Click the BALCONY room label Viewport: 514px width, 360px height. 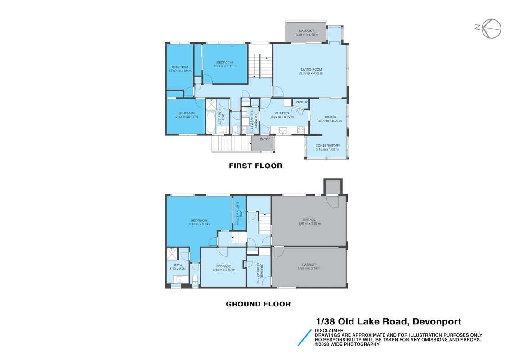coord(307,31)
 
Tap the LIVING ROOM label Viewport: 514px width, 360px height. coord(312,70)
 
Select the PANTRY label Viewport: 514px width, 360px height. coord(302,102)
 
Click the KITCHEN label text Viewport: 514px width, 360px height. coord(282,113)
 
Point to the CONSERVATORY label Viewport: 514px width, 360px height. coord(327,146)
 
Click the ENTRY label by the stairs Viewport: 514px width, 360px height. coord(265,139)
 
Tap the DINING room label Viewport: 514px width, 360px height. coord(331,117)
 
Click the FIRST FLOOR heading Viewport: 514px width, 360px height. coord(255,166)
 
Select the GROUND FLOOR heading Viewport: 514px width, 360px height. coord(258,304)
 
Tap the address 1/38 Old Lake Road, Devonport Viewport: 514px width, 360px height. coord(389,322)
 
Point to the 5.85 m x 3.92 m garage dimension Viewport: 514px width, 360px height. coord(309,224)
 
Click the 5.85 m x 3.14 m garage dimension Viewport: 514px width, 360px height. coord(309,269)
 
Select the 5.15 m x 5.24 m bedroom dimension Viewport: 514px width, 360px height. coord(200,225)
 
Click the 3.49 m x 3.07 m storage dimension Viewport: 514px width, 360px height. coord(223,270)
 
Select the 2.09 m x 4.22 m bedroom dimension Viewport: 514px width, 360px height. coord(180,71)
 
